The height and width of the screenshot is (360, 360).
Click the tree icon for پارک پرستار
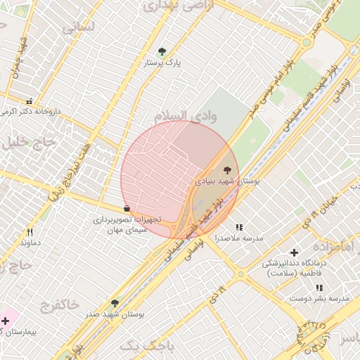click(162, 51)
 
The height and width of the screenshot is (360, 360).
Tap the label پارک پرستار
click(162, 63)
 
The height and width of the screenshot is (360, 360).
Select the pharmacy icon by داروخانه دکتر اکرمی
click(29, 101)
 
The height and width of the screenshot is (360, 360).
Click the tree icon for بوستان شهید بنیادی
click(226, 169)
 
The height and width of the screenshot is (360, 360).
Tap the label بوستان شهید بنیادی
click(227, 181)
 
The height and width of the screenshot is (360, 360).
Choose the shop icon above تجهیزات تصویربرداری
click(127, 208)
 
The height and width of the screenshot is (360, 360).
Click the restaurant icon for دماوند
click(30, 232)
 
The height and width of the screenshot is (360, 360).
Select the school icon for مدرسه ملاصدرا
click(239, 227)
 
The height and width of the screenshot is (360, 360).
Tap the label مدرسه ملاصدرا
click(239, 239)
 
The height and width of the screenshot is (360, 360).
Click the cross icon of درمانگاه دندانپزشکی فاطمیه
click(294, 252)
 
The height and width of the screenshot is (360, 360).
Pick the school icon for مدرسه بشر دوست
click(319, 288)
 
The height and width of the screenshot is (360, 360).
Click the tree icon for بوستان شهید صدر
click(114, 302)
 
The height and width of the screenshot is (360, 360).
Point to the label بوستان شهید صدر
click(117, 315)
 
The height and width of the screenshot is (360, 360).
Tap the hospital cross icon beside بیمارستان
click(6, 320)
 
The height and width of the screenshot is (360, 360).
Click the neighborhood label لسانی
click(77, 28)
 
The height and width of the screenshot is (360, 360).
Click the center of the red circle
click(180, 180)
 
